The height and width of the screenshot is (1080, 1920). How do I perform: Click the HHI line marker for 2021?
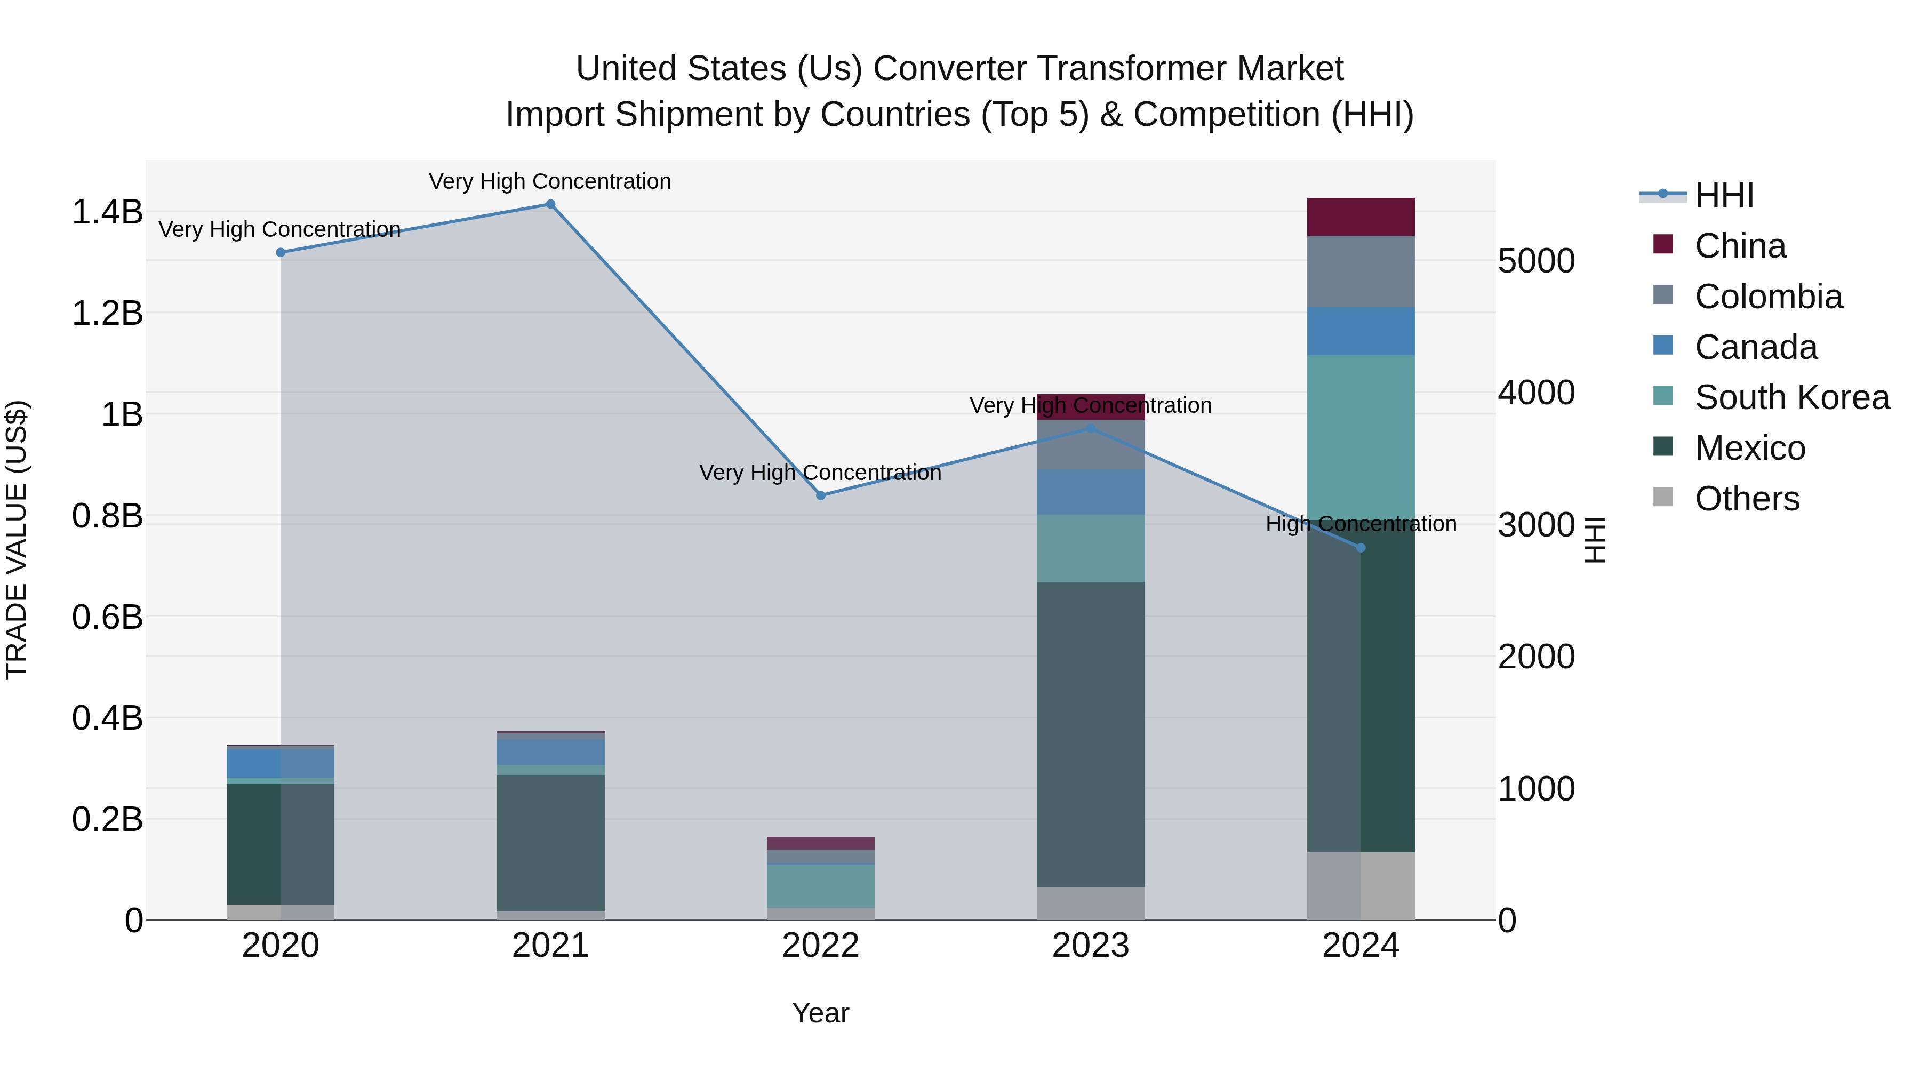coord(550,204)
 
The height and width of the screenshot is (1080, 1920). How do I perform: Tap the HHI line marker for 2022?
coord(821,495)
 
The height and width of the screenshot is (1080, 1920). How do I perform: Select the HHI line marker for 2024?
coord(1360,548)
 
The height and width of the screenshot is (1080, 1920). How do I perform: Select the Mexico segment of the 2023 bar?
coord(1091,734)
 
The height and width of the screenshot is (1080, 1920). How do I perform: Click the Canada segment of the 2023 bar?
coord(1091,492)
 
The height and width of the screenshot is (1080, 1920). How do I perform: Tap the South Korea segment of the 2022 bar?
coord(821,885)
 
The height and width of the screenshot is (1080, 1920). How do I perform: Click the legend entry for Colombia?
coord(1768,297)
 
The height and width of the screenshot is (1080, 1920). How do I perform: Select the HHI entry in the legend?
coord(1724,195)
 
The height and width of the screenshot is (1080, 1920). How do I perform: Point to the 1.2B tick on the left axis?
coord(107,313)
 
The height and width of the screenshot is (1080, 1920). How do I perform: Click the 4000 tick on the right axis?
coord(1536,393)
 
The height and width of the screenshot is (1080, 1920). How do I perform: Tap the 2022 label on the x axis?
coord(821,946)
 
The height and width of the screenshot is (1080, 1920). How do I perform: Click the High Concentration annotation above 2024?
coord(1360,524)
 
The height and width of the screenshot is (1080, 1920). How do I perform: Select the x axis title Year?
coord(821,1013)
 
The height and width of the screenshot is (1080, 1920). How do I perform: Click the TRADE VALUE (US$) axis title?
coord(17,540)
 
